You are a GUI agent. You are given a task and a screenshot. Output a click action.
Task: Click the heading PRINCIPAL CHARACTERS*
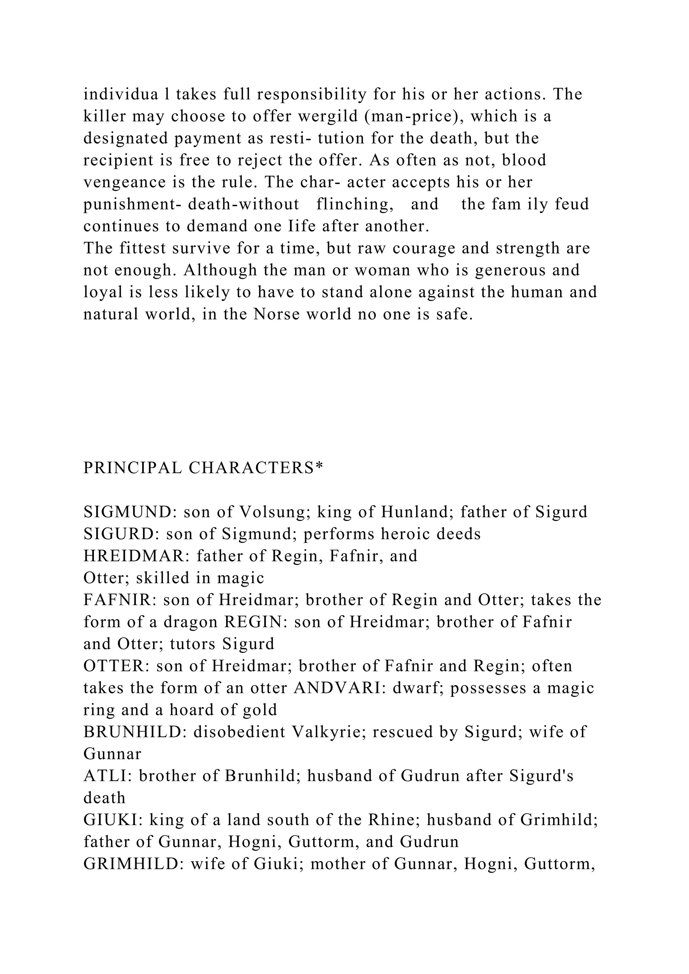pos(203,468)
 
